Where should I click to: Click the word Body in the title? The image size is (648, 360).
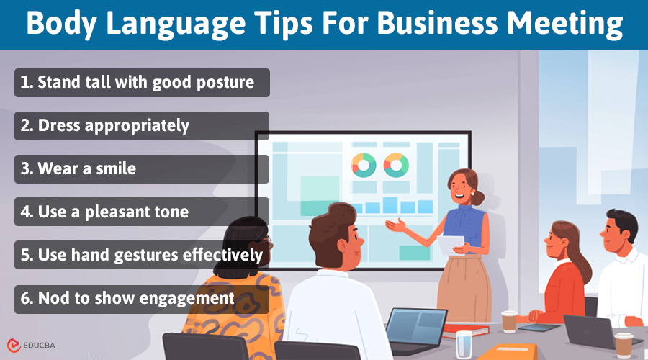pyautogui.click(x=60, y=25)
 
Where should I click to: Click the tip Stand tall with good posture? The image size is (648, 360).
pyautogui.click(x=142, y=82)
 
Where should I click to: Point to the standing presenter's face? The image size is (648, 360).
pyautogui.click(x=461, y=189)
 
